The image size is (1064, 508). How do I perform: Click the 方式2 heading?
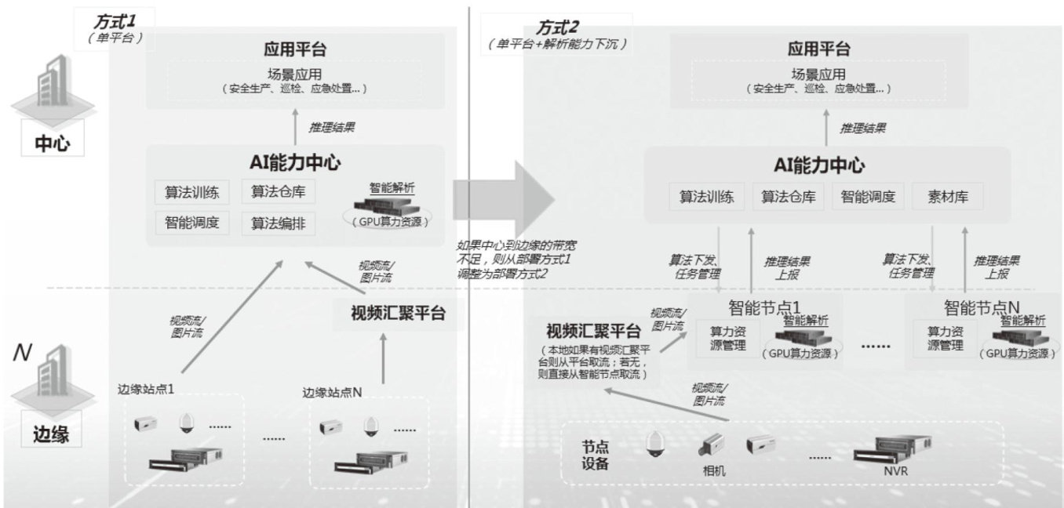pos(557,27)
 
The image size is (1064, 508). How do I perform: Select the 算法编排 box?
pos(273,223)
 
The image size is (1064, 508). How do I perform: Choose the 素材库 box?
pos(946,198)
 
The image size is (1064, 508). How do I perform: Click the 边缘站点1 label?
pos(145,388)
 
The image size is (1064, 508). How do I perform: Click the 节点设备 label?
pos(596,454)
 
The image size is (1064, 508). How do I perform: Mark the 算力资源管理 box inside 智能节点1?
pos(728,337)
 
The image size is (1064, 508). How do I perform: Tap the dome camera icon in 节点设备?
pos(654,446)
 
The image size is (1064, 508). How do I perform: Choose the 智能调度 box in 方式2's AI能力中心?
pos(868,198)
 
